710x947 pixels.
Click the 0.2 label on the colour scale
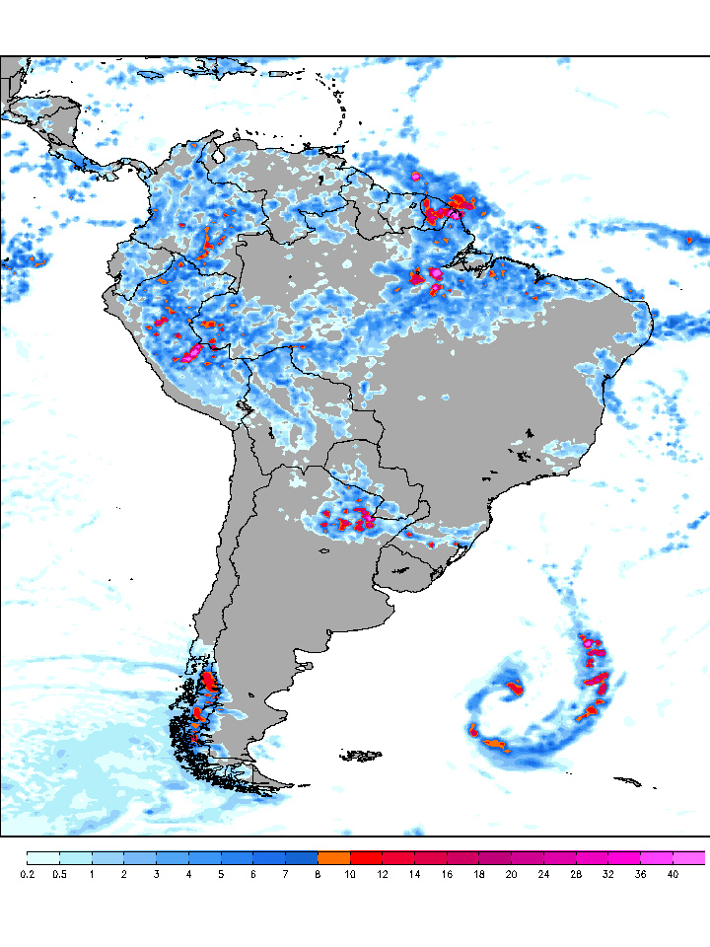coord(27,874)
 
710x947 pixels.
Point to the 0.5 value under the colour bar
coord(59,874)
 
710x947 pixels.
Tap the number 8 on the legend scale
coord(318,874)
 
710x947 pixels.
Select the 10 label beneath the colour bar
coord(350,874)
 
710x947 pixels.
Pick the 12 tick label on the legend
coord(383,874)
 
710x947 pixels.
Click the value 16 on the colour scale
coord(447,874)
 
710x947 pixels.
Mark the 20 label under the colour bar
coord(511,874)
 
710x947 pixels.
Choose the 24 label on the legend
coord(543,874)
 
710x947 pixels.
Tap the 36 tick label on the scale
coord(640,874)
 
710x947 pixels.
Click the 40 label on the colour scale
coord(673,874)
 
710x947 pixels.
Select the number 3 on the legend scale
coord(156,874)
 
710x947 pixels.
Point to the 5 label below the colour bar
coord(221,874)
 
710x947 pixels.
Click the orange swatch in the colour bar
coord(334,857)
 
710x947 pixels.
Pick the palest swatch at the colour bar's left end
coord(43,857)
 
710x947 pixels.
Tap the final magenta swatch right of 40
coord(689,857)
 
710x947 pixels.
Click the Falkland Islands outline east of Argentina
coord(362,756)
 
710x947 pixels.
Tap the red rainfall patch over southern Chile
coord(208,682)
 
